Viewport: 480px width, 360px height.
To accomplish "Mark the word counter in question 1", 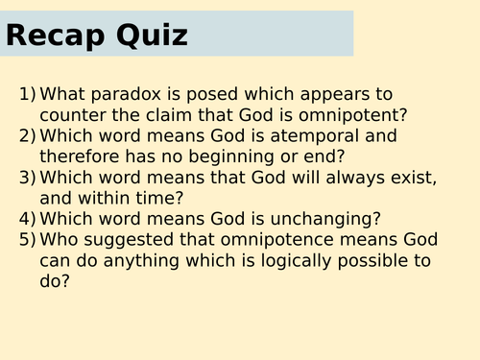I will [74, 115].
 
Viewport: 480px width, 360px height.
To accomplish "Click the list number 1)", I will [28, 94].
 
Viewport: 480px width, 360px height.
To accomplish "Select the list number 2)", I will [28, 136].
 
